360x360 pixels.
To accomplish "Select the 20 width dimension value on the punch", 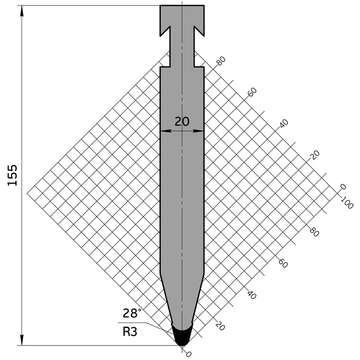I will [x=182, y=121].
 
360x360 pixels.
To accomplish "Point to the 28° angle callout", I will [x=132, y=313].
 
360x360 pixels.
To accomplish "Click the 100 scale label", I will [x=346, y=202].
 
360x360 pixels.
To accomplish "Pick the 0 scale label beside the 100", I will [x=343, y=187].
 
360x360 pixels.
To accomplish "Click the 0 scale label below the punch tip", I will [x=188, y=354].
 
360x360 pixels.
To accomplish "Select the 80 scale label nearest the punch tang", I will [x=220, y=61].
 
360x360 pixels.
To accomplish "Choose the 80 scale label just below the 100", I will [x=314, y=232].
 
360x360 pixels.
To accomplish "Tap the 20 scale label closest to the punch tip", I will [x=219, y=326].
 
